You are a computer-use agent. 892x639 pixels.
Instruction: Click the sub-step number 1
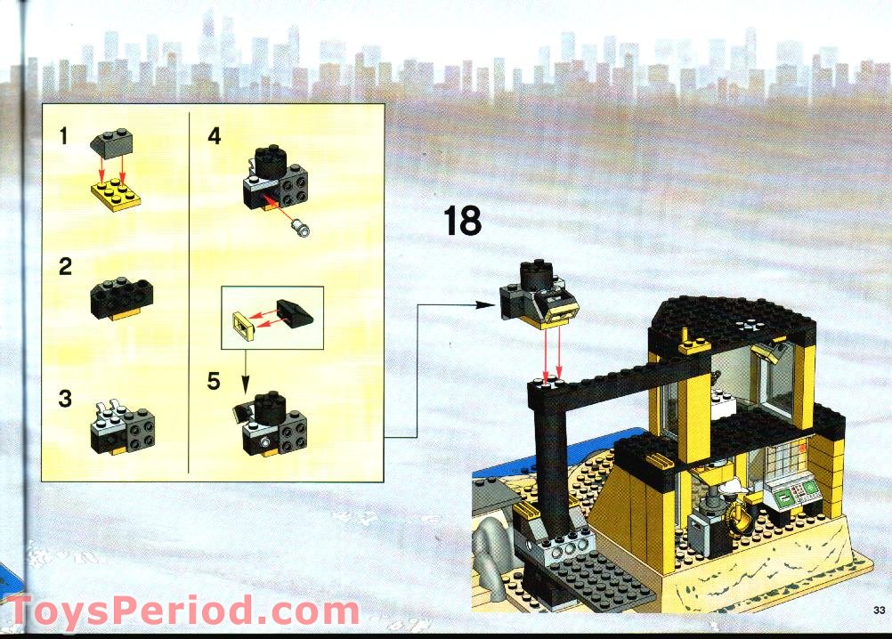(x=64, y=136)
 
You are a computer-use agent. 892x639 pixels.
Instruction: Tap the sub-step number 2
(x=65, y=267)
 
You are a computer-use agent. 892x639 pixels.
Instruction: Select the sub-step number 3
(x=65, y=399)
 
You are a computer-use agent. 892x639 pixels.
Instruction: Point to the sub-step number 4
(x=214, y=136)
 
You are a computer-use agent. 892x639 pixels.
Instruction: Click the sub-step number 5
(x=214, y=382)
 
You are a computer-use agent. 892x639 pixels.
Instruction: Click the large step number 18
(x=462, y=221)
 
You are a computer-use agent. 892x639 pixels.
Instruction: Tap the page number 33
(x=879, y=611)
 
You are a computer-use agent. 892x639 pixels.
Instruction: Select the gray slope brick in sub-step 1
(x=111, y=142)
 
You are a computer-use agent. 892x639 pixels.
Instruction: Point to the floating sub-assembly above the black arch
(x=539, y=295)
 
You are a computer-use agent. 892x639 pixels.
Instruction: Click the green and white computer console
(x=792, y=492)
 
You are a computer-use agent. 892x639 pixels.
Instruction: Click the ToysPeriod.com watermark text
(x=183, y=611)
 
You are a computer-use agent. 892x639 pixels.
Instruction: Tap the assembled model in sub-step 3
(x=123, y=426)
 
